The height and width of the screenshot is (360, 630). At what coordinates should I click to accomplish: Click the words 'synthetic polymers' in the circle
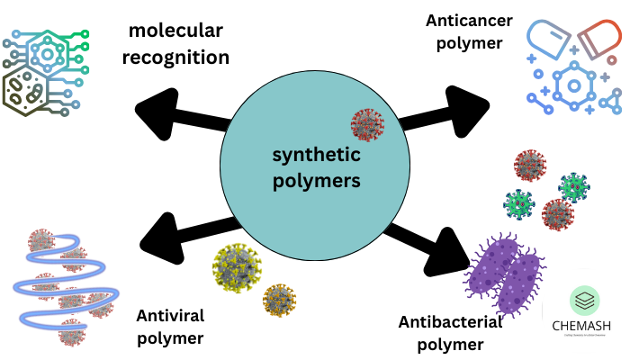[316, 167]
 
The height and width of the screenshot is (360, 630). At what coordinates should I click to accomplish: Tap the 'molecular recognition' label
[178, 45]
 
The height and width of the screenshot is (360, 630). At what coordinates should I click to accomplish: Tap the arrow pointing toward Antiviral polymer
[185, 236]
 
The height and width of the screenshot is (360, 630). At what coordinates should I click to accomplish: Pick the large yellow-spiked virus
[237, 267]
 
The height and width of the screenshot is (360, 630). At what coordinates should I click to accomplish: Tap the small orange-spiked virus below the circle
[279, 300]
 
